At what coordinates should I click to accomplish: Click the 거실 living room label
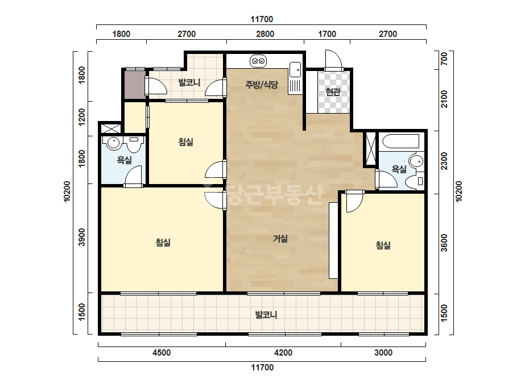pos(280,239)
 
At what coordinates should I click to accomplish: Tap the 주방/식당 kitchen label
pos(262,84)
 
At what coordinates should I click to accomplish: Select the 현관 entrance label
pos(333,91)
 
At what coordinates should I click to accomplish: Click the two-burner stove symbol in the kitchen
pos(258,61)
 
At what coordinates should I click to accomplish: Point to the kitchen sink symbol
pos(295,69)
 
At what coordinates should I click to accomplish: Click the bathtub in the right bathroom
pos(400,141)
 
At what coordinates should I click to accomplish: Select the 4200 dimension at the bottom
pos(283,353)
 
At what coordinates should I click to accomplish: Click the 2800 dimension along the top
pos(265,34)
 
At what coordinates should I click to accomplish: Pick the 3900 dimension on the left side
pos(82,237)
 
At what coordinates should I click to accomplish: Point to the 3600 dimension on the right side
pos(444,243)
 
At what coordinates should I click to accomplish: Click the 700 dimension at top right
pos(444,59)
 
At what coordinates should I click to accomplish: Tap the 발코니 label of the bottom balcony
pos(266,315)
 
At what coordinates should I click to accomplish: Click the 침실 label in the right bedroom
pos(383,245)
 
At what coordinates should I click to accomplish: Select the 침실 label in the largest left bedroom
pos(163,242)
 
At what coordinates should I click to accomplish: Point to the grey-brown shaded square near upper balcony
pos(135,85)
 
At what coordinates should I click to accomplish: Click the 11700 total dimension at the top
pos(262,19)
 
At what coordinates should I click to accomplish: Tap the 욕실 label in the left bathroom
pos(124,160)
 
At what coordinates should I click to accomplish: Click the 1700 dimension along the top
pos(327,34)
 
